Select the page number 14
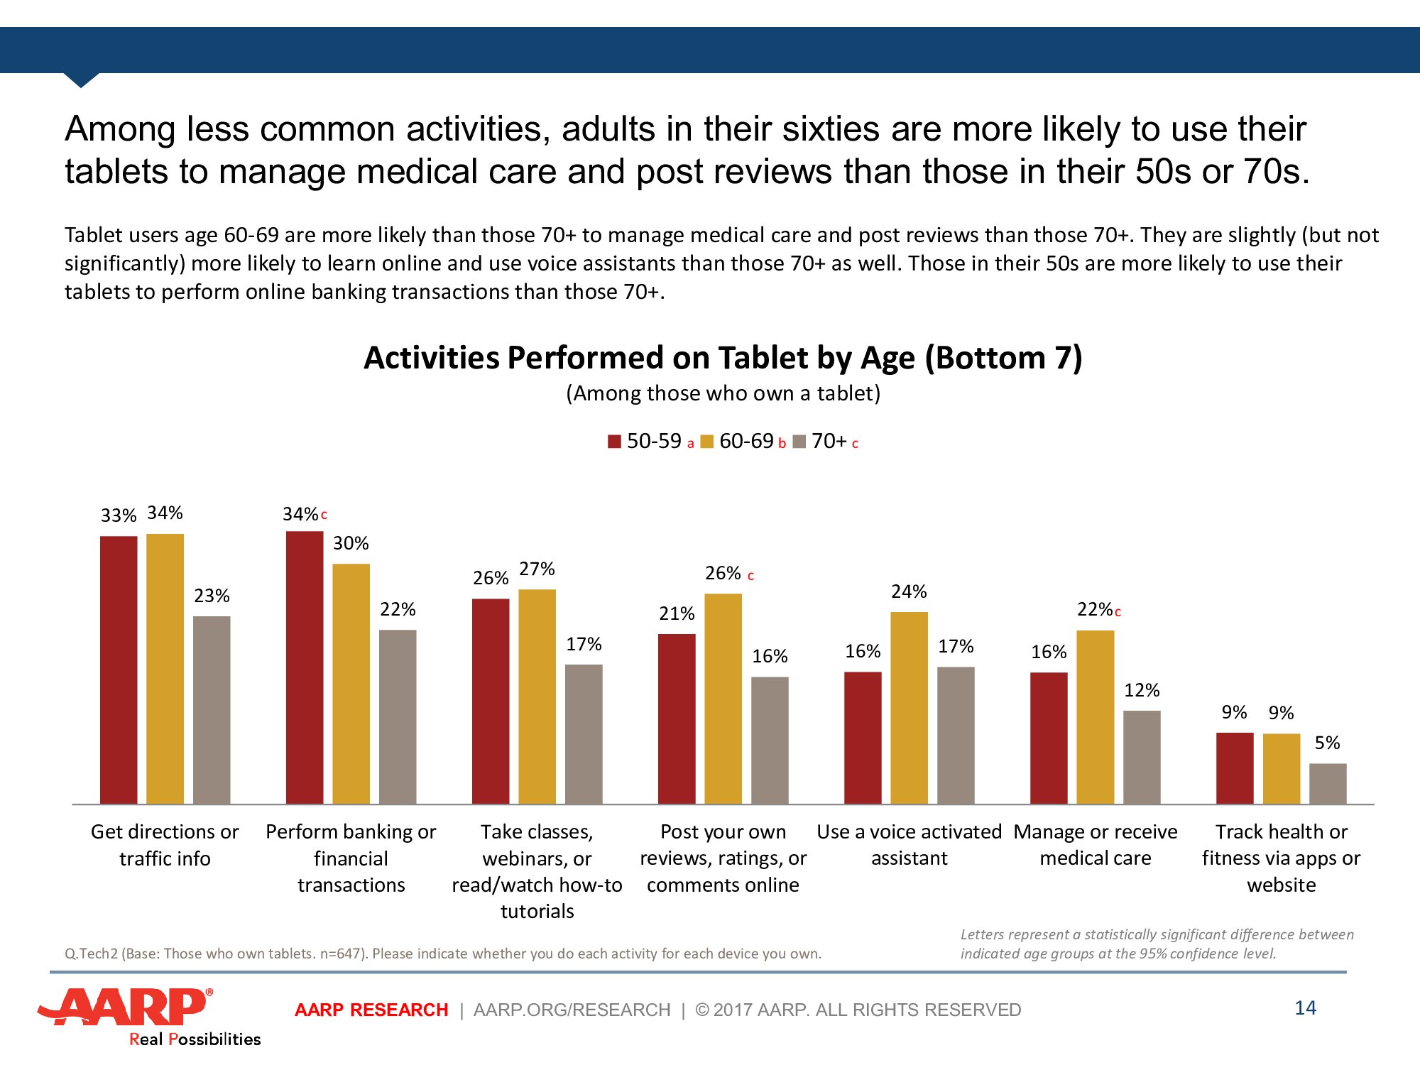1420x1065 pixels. point(1305,1007)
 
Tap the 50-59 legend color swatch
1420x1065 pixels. point(614,442)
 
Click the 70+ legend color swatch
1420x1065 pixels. point(799,442)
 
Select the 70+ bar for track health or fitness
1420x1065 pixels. point(1327,784)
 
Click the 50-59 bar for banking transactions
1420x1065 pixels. point(305,667)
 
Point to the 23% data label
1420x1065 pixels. point(212,596)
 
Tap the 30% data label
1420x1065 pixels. point(351,543)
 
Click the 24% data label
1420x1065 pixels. point(909,591)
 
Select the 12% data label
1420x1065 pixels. point(1142,690)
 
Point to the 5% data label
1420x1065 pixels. point(1327,743)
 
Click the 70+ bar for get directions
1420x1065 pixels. point(212,710)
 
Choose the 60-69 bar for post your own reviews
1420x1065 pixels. point(723,699)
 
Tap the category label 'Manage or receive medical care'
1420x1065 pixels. point(1095,844)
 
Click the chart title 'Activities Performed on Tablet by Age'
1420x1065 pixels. point(723,358)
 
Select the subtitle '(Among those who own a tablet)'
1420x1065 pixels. point(723,393)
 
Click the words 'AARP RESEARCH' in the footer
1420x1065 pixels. point(371,1010)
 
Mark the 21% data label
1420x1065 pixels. point(677,613)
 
